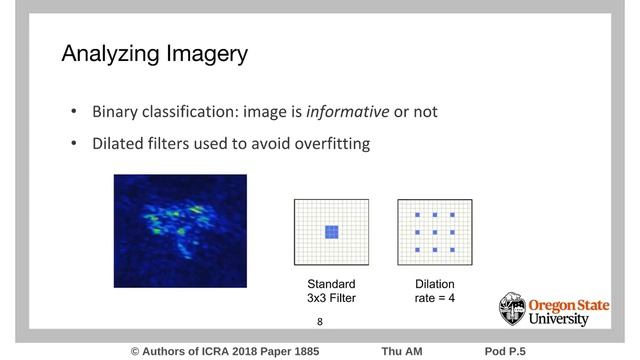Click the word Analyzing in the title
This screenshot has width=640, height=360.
click(107, 55)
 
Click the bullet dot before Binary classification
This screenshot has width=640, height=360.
click(73, 111)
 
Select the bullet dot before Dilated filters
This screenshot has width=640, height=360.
click(73, 143)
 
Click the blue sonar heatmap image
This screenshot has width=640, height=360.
click(180, 231)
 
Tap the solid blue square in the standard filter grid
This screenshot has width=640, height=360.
click(331, 232)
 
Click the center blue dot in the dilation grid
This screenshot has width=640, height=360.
click(435, 232)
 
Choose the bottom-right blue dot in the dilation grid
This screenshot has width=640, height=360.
click(452, 249)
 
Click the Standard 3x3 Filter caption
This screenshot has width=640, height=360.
click(331, 291)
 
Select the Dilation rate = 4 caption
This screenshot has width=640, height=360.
click(435, 291)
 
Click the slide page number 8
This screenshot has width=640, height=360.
click(320, 322)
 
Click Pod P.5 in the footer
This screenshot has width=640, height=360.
click(505, 351)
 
